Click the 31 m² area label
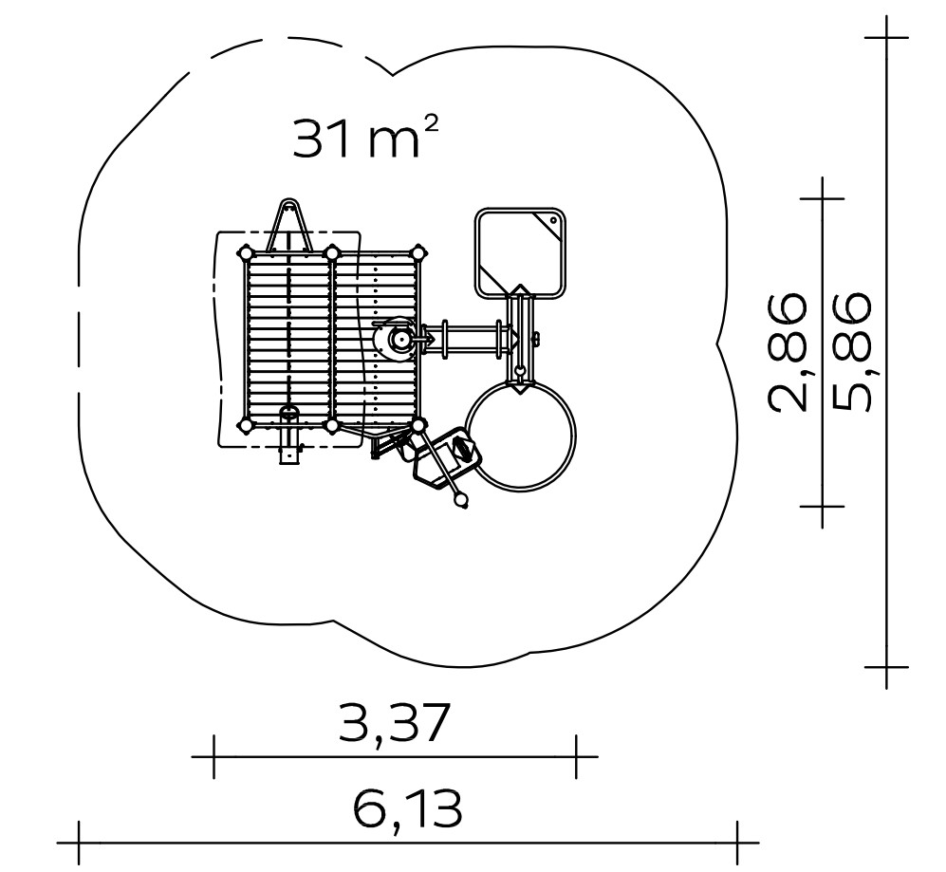[365, 138]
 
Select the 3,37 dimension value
[394, 723]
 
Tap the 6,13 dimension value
[408, 809]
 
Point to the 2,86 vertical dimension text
[788, 352]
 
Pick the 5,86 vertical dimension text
[851, 352]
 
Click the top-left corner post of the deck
[246, 252]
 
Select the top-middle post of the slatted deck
[332, 252]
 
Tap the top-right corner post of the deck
[418, 252]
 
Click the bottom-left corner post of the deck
[246, 425]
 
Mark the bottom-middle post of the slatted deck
[332, 425]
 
